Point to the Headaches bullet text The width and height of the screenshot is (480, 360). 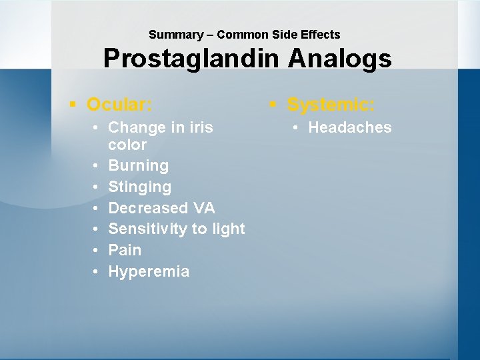350,127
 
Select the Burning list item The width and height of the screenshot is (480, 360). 138,165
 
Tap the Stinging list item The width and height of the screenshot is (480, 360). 139,187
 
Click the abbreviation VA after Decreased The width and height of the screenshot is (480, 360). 203,207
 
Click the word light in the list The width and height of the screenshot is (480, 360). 229,229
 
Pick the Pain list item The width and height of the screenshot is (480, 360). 125,250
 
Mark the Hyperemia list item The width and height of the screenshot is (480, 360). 149,271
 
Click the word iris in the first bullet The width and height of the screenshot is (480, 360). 201,127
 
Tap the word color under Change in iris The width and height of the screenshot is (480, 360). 127,145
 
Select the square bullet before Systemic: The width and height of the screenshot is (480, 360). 273,105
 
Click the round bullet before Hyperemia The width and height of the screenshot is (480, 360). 97,272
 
